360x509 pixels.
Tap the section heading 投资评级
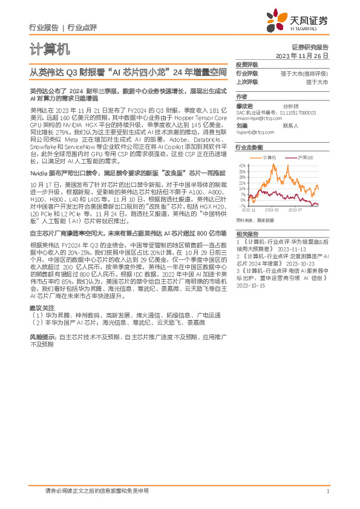tap(247, 64)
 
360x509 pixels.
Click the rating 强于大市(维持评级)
tap(308, 73)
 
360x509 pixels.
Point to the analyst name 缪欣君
tap(245, 105)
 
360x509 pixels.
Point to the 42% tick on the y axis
tap(243, 165)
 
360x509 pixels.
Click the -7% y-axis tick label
tap(243, 206)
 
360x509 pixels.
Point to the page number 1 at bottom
tap(327, 491)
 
